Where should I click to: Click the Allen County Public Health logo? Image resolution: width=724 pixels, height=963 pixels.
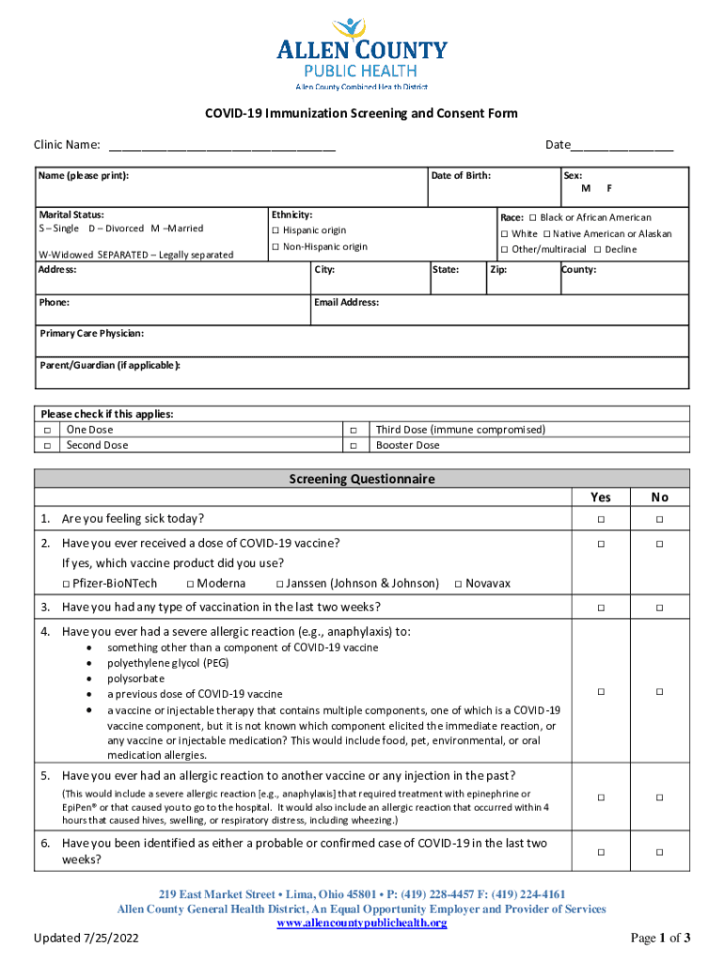(x=362, y=54)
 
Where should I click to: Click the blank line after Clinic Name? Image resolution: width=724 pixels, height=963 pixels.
(x=222, y=146)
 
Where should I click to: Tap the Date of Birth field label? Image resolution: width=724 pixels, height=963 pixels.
(x=461, y=176)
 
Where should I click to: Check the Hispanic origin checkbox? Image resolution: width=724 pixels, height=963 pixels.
(x=275, y=231)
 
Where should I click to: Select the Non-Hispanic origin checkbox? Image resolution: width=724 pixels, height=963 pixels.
(x=275, y=247)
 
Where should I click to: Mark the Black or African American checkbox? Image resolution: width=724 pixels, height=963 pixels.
(x=532, y=218)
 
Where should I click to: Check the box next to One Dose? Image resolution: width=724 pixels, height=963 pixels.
(x=46, y=430)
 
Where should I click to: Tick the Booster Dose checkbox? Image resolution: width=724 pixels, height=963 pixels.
(x=354, y=446)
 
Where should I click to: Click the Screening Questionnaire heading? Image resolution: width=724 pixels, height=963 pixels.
(x=362, y=479)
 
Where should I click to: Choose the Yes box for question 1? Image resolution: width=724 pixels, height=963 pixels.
(x=600, y=520)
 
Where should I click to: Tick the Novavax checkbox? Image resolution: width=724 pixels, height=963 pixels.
(x=457, y=584)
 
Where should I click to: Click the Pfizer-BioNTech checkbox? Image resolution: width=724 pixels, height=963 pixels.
(x=66, y=584)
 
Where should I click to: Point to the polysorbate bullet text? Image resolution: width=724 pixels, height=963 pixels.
(x=135, y=678)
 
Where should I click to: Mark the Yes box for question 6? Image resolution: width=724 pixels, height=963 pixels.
(x=600, y=852)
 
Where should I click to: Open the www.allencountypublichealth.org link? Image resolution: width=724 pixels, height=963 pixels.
(x=361, y=924)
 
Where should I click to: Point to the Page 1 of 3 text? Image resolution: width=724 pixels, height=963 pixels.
(x=660, y=939)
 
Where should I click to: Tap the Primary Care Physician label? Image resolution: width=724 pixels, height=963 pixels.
(x=91, y=334)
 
